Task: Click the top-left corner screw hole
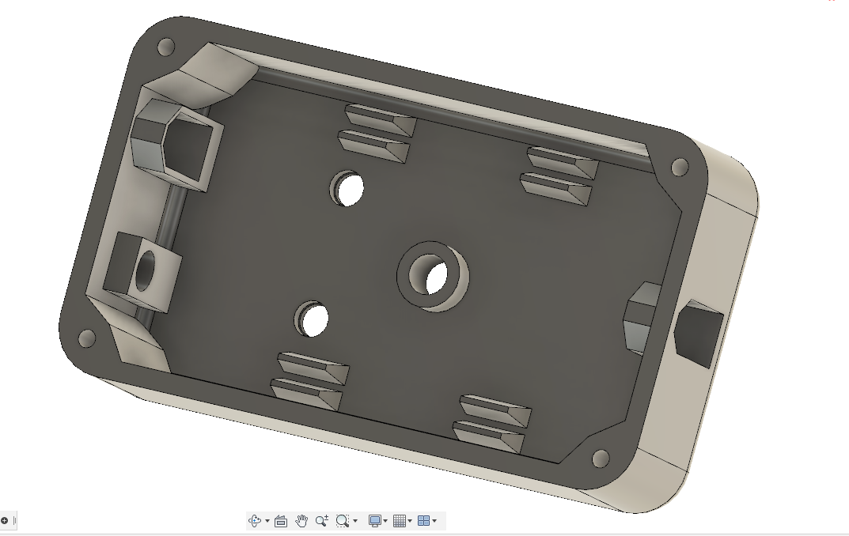(166, 47)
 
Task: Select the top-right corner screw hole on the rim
(679, 168)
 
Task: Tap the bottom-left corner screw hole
(86, 339)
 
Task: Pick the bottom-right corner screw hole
(601, 459)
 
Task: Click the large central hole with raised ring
(434, 276)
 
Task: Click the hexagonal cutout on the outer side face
(699, 333)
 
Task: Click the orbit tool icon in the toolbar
(255, 521)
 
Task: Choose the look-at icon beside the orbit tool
(281, 521)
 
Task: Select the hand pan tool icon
(301, 521)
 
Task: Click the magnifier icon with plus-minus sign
(321, 521)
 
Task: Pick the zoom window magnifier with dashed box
(342, 521)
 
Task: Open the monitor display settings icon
(375, 521)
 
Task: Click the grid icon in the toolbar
(399, 521)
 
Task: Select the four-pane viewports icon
(423, 521)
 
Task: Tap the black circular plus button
(4, 520)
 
